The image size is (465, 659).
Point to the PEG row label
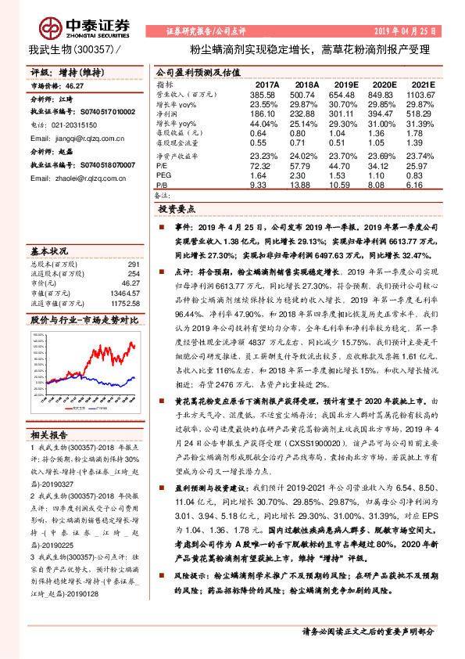165,175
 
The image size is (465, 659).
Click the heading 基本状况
48,252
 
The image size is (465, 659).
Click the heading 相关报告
48,434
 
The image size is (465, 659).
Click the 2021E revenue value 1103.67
418,94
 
